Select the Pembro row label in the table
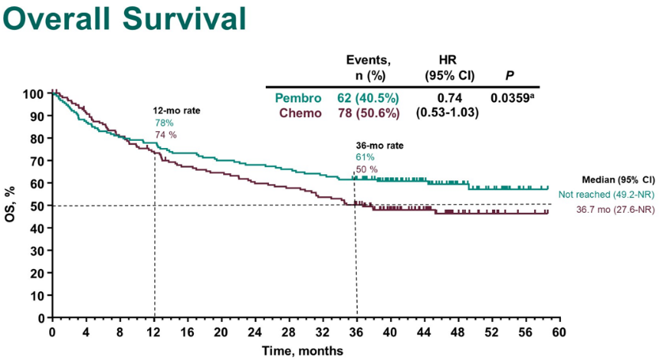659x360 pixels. [298, 99]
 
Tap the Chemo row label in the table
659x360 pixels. [301, 113]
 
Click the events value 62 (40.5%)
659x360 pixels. [368, 99]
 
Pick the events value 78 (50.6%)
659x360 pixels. [368, 113]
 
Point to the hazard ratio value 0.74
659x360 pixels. [446, 99]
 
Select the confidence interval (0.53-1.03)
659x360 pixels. [446, 113]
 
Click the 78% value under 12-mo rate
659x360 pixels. [164, 123]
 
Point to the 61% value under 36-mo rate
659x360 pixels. [365, 158]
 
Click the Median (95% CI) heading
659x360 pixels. [618, 180]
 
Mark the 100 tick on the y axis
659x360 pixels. [33, 94]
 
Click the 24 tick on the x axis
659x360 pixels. [255, 331]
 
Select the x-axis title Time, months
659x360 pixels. [304, 350]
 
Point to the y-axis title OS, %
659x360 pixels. [10, 205]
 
